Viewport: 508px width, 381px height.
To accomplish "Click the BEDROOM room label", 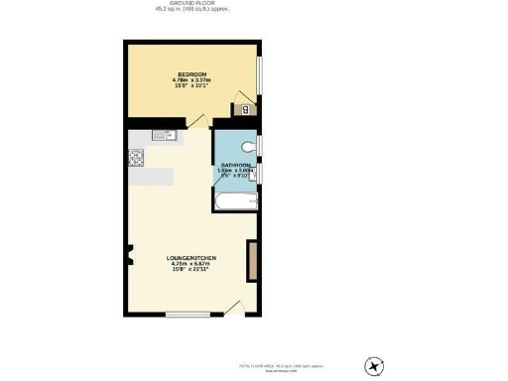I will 192,75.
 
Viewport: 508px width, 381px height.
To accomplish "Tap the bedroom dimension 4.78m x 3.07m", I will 192,81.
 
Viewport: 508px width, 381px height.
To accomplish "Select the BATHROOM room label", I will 236,165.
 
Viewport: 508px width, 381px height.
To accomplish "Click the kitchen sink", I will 164,136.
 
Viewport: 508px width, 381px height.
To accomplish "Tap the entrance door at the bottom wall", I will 234,307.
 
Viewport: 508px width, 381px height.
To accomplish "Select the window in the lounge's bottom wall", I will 186,316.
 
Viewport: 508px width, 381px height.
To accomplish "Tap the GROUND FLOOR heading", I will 192,3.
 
